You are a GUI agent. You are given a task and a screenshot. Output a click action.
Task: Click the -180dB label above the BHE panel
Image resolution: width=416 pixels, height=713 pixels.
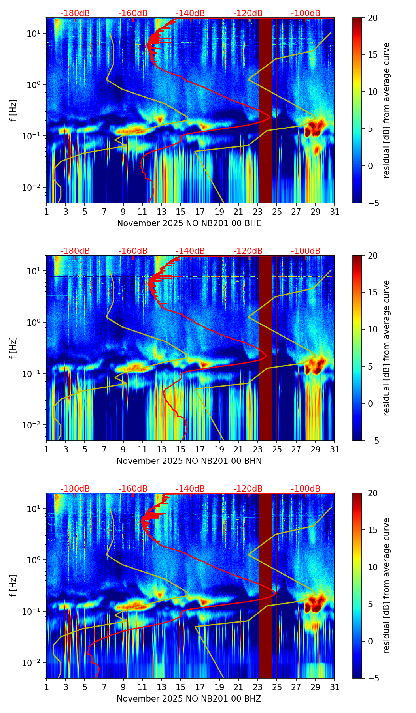[x=75, y=13]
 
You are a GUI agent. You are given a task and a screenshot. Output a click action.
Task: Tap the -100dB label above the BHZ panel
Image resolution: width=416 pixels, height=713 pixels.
[x=306, y=489]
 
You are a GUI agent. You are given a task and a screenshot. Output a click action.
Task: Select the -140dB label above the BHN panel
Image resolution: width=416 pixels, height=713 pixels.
[x=190, y=251]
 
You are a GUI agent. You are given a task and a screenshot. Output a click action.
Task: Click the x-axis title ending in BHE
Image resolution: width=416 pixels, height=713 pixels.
[x=189, y=223]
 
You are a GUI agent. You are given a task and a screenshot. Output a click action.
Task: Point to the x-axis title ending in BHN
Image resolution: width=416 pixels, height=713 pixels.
[x=189, y=461]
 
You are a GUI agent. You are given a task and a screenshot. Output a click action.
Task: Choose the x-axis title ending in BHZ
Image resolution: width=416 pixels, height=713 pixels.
[x=189, y=699]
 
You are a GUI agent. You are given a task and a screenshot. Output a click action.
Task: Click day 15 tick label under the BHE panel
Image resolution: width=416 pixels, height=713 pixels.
[x=180, y=212]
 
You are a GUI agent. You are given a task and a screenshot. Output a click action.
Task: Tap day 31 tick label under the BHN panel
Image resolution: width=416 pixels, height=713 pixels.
[x=335, y=450]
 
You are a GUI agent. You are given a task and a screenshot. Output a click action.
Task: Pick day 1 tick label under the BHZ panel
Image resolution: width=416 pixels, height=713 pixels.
[x=47, y=687]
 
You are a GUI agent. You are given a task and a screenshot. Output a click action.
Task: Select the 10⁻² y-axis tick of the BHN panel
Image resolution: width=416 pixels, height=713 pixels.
[x=33, y=425]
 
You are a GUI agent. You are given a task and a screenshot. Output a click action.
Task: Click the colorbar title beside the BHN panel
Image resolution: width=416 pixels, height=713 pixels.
[x=387, y=348]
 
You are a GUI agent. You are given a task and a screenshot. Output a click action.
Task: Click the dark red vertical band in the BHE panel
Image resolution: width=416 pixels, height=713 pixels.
[x=266, y=111]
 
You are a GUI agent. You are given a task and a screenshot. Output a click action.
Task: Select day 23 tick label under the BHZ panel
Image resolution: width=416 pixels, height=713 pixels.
[x=257, y=687]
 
